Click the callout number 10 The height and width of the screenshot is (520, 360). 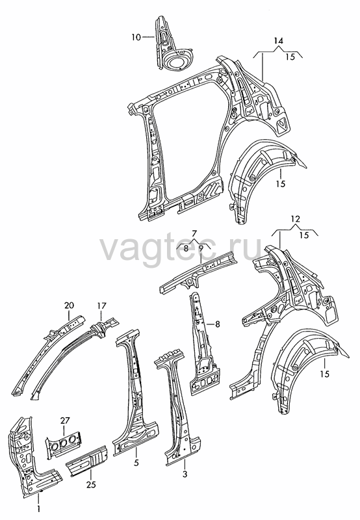click(136, 37)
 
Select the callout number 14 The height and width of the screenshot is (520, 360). click(279, 41)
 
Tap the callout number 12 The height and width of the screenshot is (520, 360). click(295, 219)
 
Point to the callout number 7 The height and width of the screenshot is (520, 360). click(194, 233)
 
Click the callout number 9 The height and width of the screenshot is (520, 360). click(201, 248)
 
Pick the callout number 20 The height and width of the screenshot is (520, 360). click(70, 305)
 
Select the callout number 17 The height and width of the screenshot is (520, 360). click(101, 305)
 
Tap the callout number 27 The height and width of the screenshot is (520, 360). click(65, 421)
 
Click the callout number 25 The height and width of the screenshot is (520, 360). click(91, 484)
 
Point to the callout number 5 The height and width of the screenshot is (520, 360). click(136, 463)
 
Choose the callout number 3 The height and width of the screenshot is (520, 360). click(185, 474)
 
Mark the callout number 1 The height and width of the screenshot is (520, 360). click(38, 509)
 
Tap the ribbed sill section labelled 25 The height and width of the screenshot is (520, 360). click(87, 461)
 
